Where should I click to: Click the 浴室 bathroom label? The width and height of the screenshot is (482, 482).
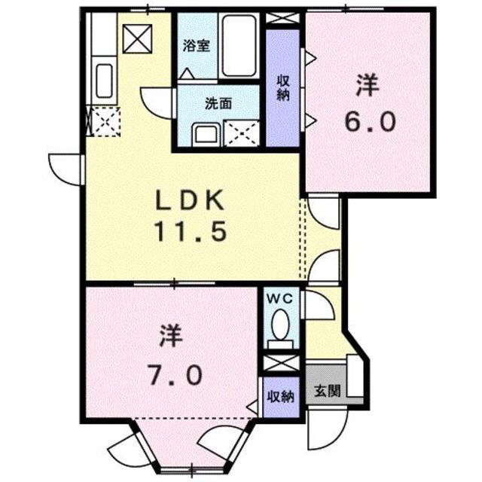point(197,45)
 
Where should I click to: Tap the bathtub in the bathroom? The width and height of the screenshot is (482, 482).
point(240,47)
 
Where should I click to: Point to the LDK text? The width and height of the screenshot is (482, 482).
point(190,202)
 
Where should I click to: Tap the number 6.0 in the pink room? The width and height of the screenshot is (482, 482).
point(369,122)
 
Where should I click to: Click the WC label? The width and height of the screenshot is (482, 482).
point(282,297)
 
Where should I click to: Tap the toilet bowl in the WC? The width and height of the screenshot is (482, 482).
point(281,325)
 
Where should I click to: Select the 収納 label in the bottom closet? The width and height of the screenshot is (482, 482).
point(281,396)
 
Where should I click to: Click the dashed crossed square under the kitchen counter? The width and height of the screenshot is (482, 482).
point(102,120)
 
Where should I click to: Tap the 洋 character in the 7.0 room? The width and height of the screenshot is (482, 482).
point(172,336)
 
